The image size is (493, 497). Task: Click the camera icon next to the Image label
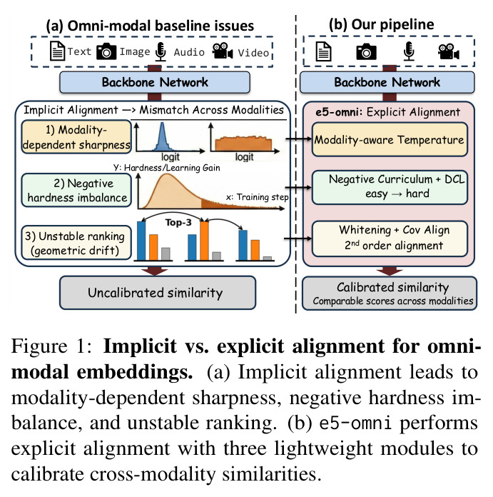pyautogui.click(x=106, y=51)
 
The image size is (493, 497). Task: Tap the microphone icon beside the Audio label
pyautogui.click(x=161, y=51)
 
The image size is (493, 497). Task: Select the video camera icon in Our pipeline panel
pyautogui.click(x=448, y=51)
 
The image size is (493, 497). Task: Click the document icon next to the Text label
pyautogui.click(x=57, y=51)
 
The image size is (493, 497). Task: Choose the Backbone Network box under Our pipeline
pyautogui.click(x=387, y=82)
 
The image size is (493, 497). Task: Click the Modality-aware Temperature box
pyautogui.click(x=390, y=139)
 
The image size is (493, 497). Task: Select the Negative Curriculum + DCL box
pyautogui.click(x=390, y=187)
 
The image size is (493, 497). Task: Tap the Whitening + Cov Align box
pyautogui.click(x=390, y=239)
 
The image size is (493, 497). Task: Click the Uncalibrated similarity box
pyautogui.click(x=158, y=293)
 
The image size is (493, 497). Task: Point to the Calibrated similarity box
pyautogui.click(x=389, y=293)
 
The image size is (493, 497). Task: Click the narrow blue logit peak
pyautogui.click(x=162, y=137)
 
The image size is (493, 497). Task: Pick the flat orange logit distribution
pyautogui.click(x=243, y=144)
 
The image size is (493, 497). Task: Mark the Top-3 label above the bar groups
pyautogui.click(x=178, y=223)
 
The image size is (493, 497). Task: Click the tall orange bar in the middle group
pyautogui.click(x=204, y=241)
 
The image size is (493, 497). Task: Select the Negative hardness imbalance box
pyautogui.click(x=76, y=190)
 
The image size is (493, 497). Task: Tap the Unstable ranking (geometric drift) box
pyautogui.click(x=76, y=243)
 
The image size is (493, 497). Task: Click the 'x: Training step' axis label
pyautogui.click(x=257, y=197)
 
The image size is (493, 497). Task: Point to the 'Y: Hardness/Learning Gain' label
pyautogui.click(x=166, y=167)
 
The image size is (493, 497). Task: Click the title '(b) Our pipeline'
pyautogui.click(x=381, y=25)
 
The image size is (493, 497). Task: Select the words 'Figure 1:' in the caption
pyautogui.click(x=51, y=346)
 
